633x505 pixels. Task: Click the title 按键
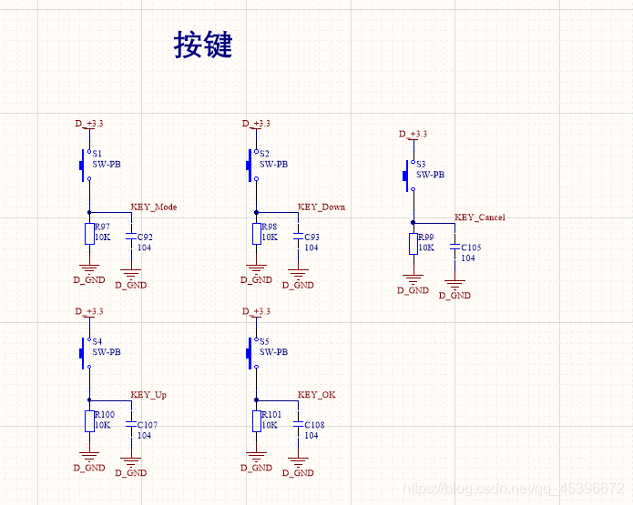[203, 45]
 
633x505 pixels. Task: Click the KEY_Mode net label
[154, 207]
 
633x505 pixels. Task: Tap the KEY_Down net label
[322, 207]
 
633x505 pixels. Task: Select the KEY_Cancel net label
[480, 218]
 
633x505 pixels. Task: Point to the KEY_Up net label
[148, 395]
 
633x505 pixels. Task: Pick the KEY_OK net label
[316, 395]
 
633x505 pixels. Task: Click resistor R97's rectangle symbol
[89, 233]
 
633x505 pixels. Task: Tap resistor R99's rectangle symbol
[413, 244]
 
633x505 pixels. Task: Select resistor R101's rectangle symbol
[257, 420]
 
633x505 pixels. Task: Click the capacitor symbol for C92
[131, 237]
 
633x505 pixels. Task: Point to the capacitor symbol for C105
[454, 247]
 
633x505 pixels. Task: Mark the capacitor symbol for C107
[131, 424]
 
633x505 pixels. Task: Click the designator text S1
[97, 155]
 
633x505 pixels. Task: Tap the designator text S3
[421, 165]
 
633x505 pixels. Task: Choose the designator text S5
[264, 342]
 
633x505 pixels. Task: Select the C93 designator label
[311, 237]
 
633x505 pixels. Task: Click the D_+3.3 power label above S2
[256, 124]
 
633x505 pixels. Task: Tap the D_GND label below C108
[298, 473]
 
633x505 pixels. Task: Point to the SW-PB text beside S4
[107, 352]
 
